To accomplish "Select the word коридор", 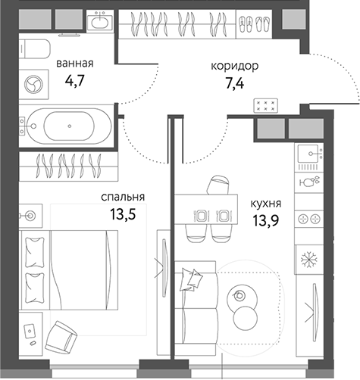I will [234, 66].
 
